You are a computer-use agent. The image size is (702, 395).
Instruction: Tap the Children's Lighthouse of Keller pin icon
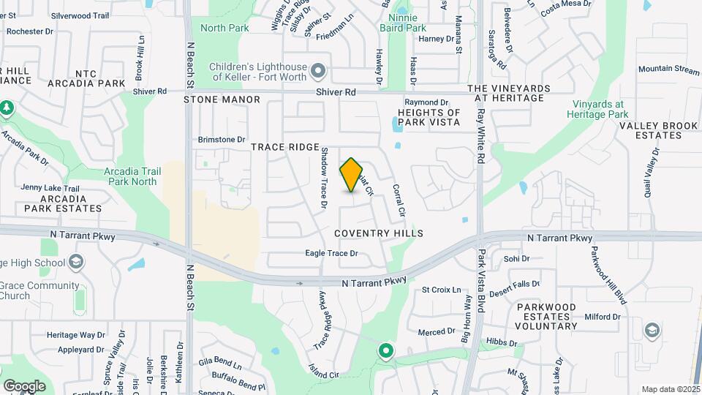pos(317,72)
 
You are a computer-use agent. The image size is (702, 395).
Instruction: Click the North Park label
pos(224,29)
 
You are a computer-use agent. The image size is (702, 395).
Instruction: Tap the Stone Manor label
pos(222,99)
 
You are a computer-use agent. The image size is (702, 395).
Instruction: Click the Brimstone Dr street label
pos(222,139)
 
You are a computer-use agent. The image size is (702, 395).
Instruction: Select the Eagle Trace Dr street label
pos(331,254)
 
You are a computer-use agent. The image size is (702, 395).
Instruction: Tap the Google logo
pos(24,386)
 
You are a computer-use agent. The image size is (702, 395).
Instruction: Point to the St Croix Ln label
pos(442,290)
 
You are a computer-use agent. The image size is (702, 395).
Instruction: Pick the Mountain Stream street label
pos(668,69)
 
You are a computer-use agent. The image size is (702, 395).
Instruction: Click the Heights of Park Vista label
pos(429,117)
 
